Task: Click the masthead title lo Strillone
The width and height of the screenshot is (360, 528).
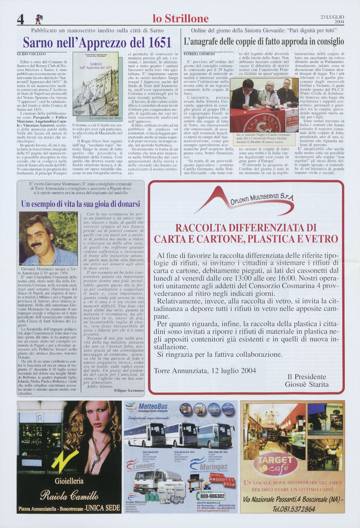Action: click(x=181, y=19)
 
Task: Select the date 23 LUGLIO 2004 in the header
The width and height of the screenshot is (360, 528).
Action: click(x=332, y=19)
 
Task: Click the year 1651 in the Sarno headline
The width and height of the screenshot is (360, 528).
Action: click(x=158, y=43)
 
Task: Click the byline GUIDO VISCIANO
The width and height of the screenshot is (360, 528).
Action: click(x=31, y=54)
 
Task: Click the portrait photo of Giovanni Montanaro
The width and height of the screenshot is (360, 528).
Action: click(x=48, y=239)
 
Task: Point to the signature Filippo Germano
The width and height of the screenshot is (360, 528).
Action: click(x=129, y=391)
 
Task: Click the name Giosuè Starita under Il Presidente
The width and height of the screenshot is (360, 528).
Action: click(x=306, y=384)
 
